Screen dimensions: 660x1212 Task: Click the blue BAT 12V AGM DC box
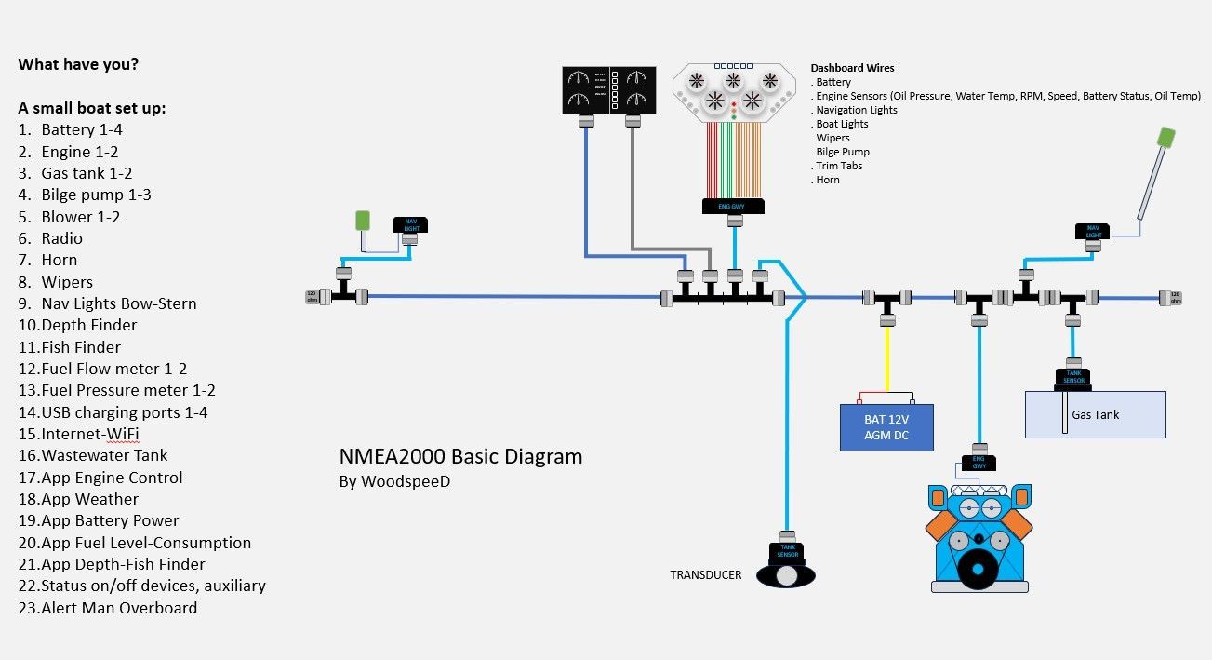tap(886, 427)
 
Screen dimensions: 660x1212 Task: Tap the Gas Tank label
tap(1096, 414)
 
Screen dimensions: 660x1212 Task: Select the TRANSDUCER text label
tap(706, 574)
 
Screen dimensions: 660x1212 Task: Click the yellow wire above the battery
tap(887, 358)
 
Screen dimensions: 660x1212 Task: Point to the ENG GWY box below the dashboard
tap(734, 206)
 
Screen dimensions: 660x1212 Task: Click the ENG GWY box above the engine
tap(979, 463)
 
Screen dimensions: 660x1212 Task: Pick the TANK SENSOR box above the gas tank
tap(1073, 377)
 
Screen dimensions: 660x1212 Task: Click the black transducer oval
tap(786, 575)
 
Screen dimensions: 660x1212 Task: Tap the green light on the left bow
tap(363, 222)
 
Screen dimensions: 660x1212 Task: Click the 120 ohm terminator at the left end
tap(312, 297)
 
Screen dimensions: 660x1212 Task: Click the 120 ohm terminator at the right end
tap(1176, 297)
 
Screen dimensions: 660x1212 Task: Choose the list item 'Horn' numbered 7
tap(59, 260)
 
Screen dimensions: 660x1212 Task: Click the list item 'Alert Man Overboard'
tap(118, 608)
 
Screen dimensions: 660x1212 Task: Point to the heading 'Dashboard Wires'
tap(852, 68)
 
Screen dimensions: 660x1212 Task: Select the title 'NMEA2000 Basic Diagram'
tap(460, 456)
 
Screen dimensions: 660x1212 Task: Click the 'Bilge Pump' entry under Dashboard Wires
tap(843, 152)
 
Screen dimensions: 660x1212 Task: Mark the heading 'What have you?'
tap(78, 64)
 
